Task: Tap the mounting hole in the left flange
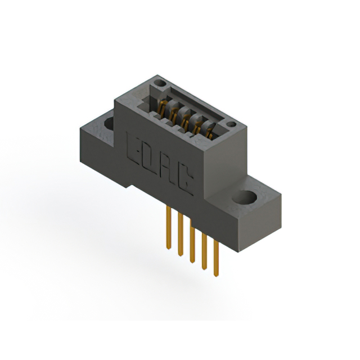[x=108, y=123]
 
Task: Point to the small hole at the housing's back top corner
[x=161, y=84]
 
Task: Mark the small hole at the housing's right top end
[x=231, y=124]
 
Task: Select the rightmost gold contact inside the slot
[x=209, y=134]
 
